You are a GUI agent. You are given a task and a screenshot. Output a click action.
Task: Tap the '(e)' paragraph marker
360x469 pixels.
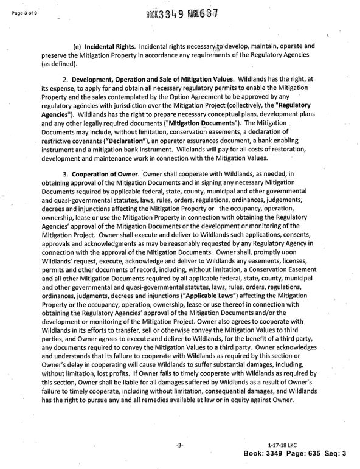[x=77, y=46]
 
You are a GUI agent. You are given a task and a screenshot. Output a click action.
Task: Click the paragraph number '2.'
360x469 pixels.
[x=65, y=80]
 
